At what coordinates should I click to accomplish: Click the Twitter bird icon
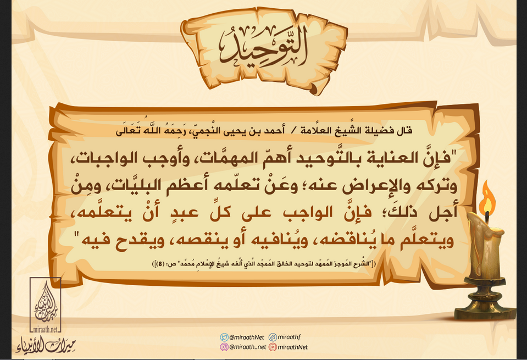click(x=224, y=337)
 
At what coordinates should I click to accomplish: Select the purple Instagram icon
click(x=224, y=347)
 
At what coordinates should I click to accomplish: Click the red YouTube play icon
click(x=273, y=347)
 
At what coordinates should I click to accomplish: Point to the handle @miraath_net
click(x=247, y=347)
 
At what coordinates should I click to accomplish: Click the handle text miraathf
click(x=290, y=337)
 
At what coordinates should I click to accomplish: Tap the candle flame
click(x=487, y=200)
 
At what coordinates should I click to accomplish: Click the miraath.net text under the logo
click(x=46, y=329)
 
